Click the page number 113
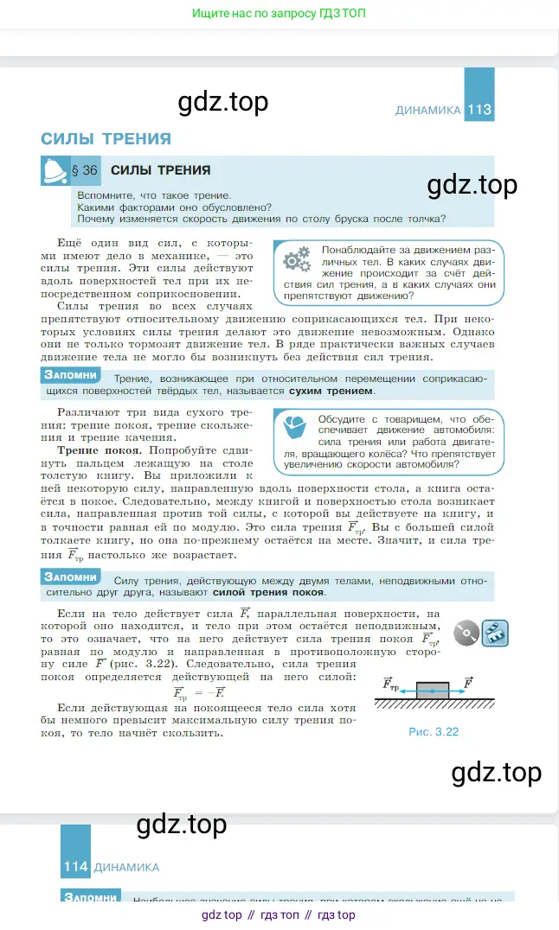coord(479,110)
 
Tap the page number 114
coord(75,867)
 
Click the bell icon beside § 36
coord(55,171)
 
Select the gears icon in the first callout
coord(296,258)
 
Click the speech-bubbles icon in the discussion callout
coord(295,427)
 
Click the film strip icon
coord(495,633)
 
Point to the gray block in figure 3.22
coord(433,691)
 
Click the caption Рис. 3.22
coord(434,731)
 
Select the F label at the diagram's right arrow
coord(468,682)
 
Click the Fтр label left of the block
coord(391,684)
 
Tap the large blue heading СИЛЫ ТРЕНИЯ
coord(106,138)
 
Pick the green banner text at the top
coord(279,14)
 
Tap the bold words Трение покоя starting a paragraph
coord(99,451)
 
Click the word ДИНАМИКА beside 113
coord(427,111)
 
